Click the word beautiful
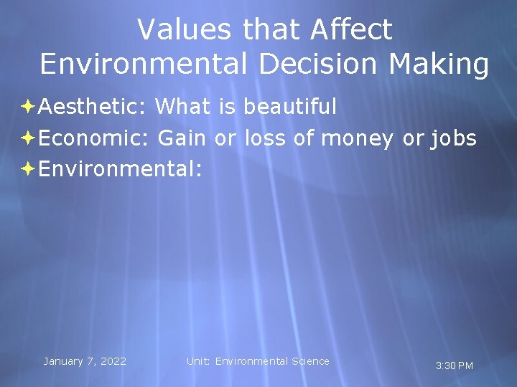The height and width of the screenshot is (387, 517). point(289,107)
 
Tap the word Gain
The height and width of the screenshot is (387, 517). point(182,138)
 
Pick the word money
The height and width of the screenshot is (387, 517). point(357,138)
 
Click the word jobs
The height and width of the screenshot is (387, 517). point(452,138)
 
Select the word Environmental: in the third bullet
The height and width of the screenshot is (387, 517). point(120,168)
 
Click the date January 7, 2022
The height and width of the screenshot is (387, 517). point(85,361)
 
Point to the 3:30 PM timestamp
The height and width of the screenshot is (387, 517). point(455,365)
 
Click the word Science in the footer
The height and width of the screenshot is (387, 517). point(310,361)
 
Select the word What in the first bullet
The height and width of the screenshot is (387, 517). point(184,107)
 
